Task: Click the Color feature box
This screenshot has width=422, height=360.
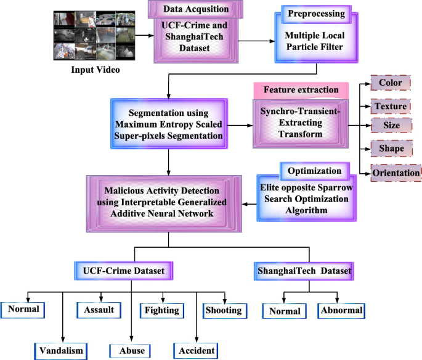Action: coord(390,83)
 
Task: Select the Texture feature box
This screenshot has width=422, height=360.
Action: coord(391,106)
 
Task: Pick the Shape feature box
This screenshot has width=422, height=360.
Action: coord(391,149)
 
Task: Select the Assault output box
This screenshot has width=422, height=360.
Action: coord(99,310)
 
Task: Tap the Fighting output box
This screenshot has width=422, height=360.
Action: coord(163,310)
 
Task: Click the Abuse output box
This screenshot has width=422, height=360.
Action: coord(131,350)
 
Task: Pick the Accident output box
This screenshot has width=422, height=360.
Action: coord(196,350)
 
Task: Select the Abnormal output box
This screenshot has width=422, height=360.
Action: coord(341,311)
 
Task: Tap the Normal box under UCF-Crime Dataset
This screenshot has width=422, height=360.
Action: coord(24,309)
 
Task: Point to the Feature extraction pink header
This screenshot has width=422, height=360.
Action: coord(301,90)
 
